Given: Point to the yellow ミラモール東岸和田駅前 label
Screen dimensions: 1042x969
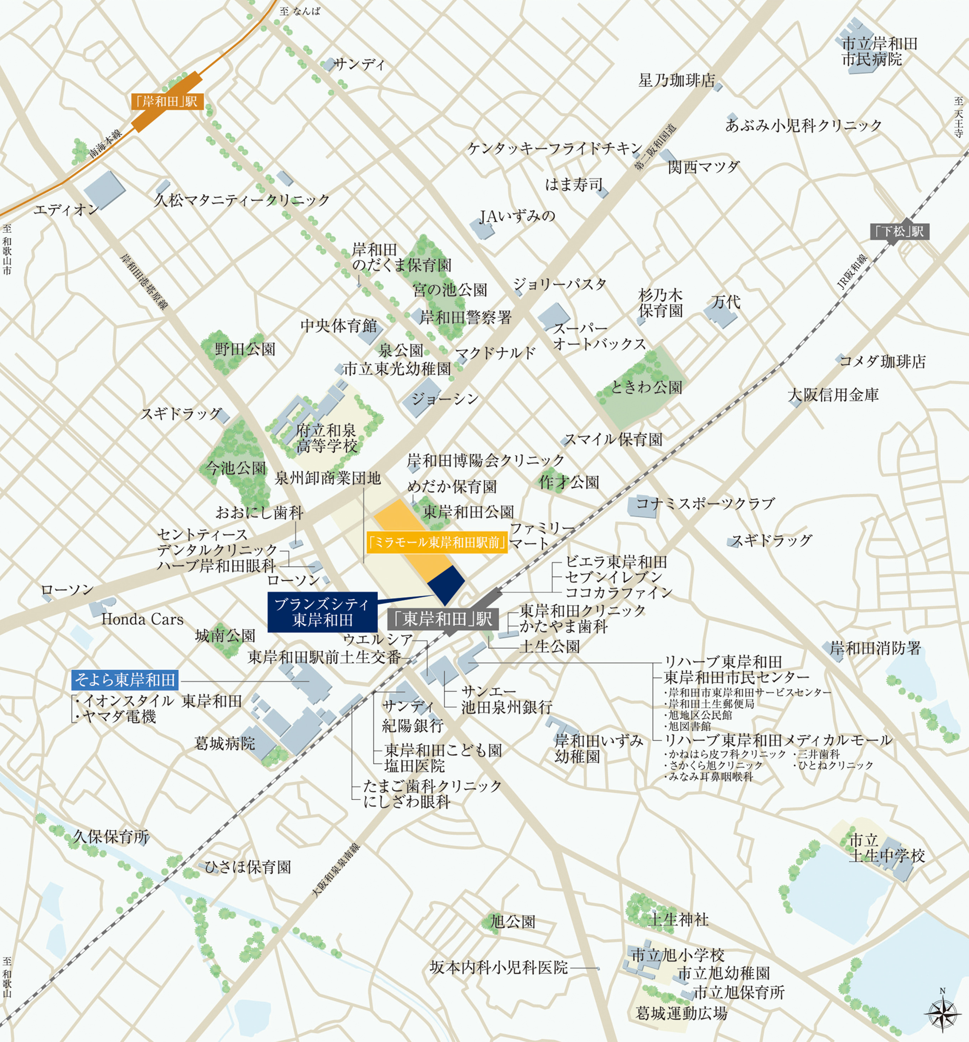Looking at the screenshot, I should pyautogui.click(x=437, y=542).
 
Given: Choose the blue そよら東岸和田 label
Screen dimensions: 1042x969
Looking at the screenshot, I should pyautogui.click(x=125, y=680).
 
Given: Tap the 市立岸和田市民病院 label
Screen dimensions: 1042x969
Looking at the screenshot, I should pyautogui.click(x=879, y=51).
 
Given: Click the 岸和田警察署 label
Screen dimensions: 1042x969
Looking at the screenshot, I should pyautogui.click(x=465, y=317).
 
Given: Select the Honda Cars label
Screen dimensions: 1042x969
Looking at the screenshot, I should pyautogui.click(x=142, y=620).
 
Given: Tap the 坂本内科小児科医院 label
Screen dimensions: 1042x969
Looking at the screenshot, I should pyautogui.click(x=498, y=968).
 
